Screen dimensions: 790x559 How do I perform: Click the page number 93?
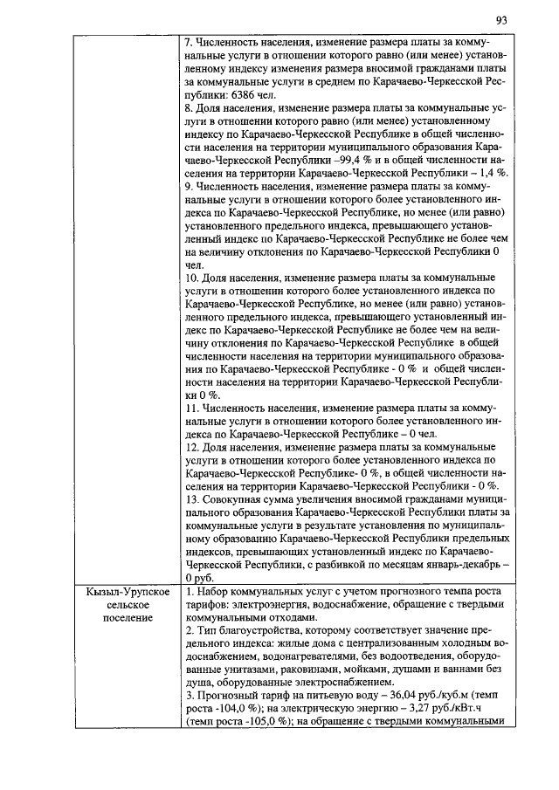click(x=501, y=20)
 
